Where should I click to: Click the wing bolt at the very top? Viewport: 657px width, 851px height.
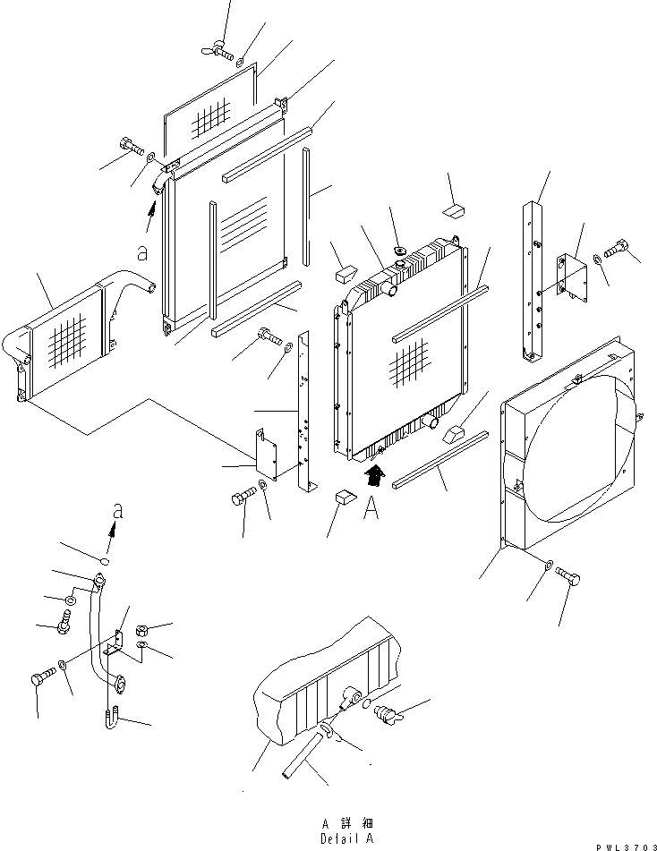[218, 52]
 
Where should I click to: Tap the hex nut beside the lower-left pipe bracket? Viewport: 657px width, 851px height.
[142, 631]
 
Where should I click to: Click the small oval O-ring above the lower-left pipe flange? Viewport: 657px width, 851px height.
[105, 562]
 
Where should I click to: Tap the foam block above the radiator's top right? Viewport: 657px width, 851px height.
[455, 212]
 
